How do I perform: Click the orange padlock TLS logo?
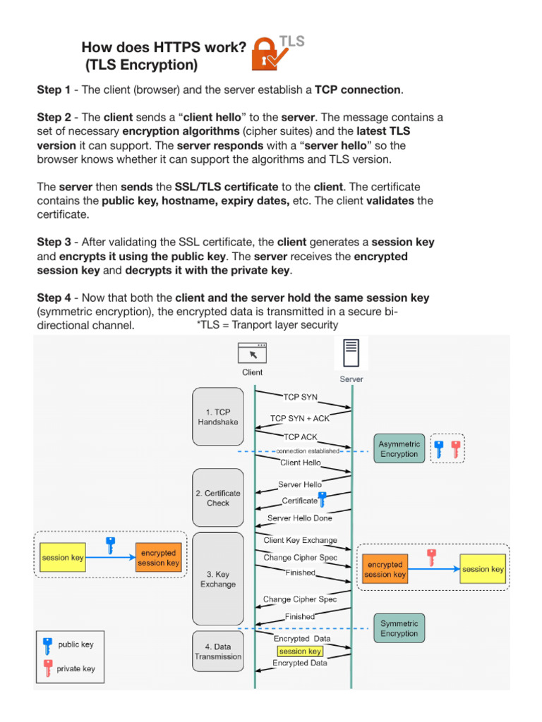(x=270, y=54)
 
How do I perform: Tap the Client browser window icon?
(x=252, y=353)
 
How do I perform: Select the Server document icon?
(x=351, y=353)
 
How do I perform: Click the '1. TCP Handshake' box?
(x=218, y=417)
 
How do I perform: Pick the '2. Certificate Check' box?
(x=218, y=498)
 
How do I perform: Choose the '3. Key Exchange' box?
(x=218, y=579)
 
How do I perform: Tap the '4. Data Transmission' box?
(x=218, y=651)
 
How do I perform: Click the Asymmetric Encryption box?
(x=399, y=448)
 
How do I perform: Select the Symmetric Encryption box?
(x=399, y=628)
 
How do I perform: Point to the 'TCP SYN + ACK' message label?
(x=300, y=418)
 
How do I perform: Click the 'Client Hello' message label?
(x=301, y=463)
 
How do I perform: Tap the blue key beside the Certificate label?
(x=322, y=499)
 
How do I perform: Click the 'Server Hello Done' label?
(x=299, y=518)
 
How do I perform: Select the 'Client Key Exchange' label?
(x=301, y=540)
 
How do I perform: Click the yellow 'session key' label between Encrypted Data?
(x=300, y=651)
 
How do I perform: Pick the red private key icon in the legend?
(x=48, y=668)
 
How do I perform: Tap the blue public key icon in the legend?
(x=47, y=646)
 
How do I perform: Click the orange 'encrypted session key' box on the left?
(x=158, y=558)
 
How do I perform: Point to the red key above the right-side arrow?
(x=431, y=557)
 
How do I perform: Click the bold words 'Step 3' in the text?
(x=54, y=243)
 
